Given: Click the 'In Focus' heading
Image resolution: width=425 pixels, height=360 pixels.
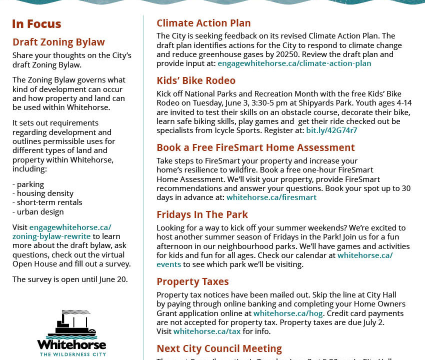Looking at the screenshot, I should point(36,24).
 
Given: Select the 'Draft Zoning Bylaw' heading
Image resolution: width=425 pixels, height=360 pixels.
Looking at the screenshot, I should point(58,42).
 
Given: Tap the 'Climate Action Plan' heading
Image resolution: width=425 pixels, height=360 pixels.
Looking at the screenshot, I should point(203,23).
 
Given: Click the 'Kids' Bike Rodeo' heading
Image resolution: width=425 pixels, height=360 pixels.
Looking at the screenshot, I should point(196,80).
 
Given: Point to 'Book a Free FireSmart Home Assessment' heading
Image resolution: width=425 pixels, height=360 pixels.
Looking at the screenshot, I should point(255,147).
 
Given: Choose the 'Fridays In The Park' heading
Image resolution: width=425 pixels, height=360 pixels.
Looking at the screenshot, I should point(202,214).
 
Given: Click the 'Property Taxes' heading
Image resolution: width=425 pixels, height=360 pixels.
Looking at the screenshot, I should point(192,281).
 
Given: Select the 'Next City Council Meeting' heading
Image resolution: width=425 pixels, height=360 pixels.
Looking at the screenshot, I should point(219,348).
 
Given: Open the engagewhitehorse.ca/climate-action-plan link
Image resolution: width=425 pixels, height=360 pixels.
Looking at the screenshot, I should point(294,63).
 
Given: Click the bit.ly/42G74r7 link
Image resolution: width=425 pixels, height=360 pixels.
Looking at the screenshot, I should point(331,130).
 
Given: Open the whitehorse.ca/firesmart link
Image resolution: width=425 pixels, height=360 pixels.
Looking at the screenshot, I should point(271,197).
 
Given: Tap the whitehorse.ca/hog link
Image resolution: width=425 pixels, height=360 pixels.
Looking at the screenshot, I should point(288,313).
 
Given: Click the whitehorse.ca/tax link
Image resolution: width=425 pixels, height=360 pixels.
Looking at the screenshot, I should point(207,331).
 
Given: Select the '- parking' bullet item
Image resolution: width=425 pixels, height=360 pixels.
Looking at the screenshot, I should point(28,184).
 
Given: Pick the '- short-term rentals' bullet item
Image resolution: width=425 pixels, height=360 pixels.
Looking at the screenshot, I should point(47,202).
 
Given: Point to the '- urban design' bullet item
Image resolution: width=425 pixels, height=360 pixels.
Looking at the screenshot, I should point(38,211).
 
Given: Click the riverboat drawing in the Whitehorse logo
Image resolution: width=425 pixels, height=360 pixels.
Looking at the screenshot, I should point(71,324).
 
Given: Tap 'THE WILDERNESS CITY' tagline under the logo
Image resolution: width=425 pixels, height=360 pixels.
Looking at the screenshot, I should point(71,354).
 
